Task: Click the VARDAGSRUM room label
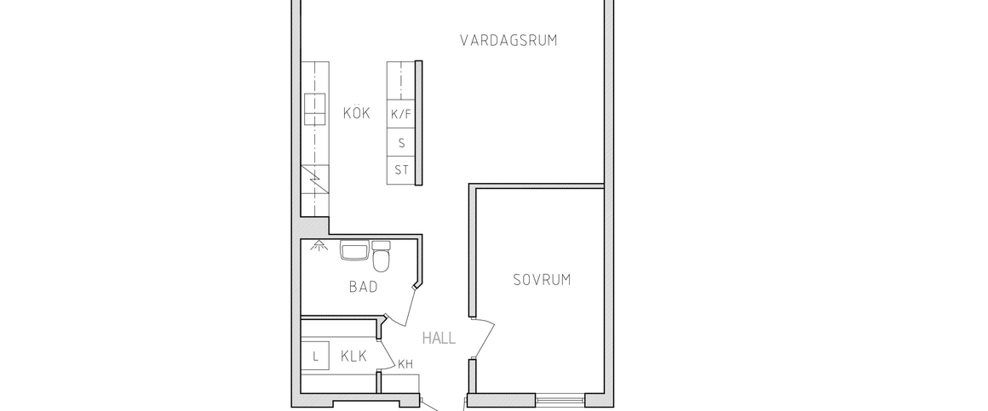tap(508, 40)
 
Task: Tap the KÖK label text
tap(357, 113)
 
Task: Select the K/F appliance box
tap(401, 113)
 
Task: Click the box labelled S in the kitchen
tap(401, 142)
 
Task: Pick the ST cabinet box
tap(401, 170)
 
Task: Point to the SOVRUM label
tap(541, 279)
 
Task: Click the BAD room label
tap(363, 287)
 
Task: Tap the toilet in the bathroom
tap(381, 258)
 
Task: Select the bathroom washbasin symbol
tap(353, 251)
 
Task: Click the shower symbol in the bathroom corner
tap(319, 247)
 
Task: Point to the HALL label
tap(439, 338)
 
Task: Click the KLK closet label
tap(353, 357)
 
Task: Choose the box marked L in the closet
tap(315, 357)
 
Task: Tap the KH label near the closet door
tap(405, 364)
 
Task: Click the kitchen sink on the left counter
tap(316, 106)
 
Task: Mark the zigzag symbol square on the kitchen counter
tap(315, 181)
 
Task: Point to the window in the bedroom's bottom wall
tap(560, 397)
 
